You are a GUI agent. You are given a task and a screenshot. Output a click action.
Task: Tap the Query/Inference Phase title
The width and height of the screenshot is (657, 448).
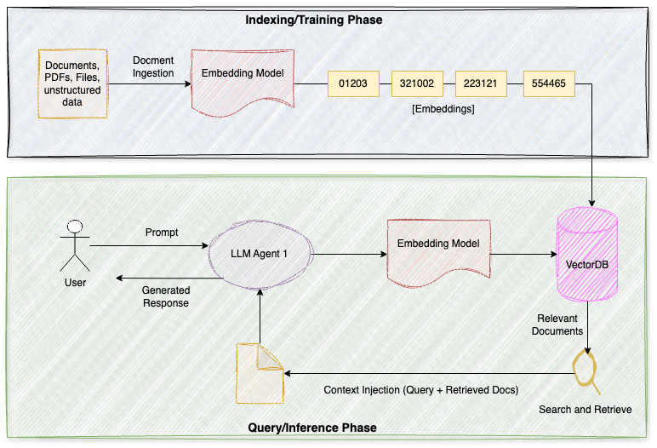311,427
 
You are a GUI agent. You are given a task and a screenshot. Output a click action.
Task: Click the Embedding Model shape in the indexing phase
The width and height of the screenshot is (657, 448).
243,78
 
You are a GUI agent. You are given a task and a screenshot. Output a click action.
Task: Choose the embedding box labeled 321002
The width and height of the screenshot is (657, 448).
418,83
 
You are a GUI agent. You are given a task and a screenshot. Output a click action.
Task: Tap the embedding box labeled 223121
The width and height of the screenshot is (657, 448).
482,83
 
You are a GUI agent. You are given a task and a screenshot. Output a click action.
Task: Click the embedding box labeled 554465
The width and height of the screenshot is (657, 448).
549,83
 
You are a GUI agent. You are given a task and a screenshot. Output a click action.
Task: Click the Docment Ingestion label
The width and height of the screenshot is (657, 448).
153,66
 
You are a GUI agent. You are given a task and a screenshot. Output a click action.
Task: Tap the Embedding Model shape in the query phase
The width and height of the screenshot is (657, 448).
437,248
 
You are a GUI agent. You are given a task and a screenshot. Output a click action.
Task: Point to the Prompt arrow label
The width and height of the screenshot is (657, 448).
162,232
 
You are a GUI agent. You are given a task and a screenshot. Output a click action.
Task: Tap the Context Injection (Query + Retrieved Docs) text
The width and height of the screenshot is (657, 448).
420,389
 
